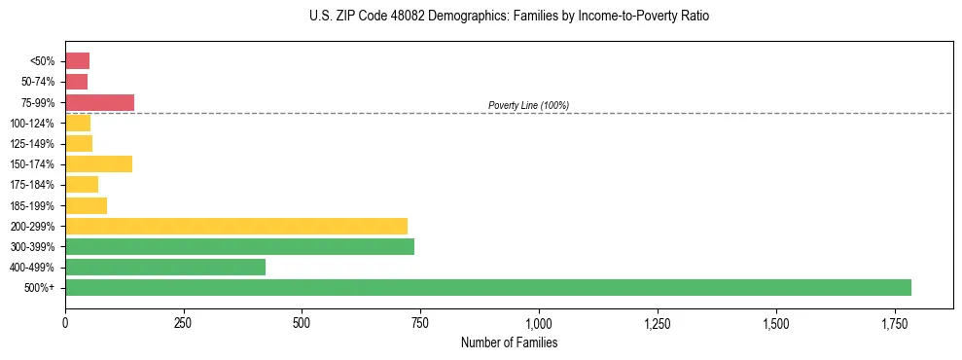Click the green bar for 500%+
[x=487, y=287]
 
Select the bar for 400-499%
[x=165, y=267]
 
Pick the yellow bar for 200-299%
[x=236, y=226]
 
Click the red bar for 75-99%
[x=99, y=102]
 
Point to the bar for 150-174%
[x=98, y=163]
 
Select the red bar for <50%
[x=77, y=61]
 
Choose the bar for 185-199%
[x=86, y=205]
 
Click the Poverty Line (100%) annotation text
[x=528, y=105]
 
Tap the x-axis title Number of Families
[x=509, y=342]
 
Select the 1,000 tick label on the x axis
[x=539, y=322]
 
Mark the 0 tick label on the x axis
[x=65, y=322]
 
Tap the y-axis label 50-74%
[x=39, y=82]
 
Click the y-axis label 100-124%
[x=36, y=123]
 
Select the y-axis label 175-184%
[x=36, y=185]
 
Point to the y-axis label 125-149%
[x=36, y=144]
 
